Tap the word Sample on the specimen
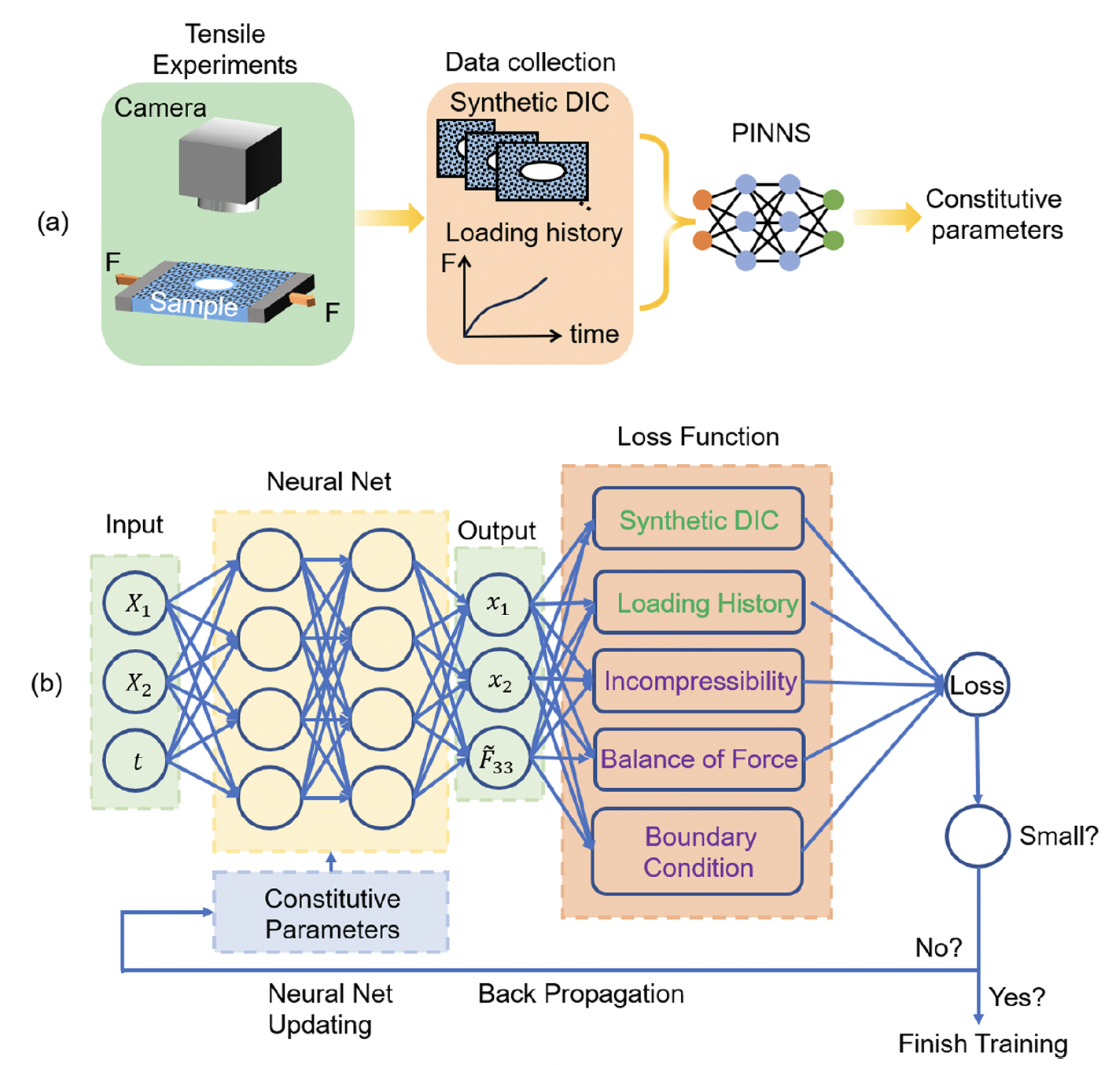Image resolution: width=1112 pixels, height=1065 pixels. click(193, 303)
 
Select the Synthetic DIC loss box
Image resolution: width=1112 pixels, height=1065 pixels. click(698, 520)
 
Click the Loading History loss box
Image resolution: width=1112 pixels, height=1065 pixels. click(699, 603)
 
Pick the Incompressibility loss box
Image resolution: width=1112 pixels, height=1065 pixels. click(699, 681)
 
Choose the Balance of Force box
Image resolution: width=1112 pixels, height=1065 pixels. click(699, 759)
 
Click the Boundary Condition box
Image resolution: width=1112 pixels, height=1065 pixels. click(698, 852)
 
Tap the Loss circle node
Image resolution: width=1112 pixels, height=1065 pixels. click(976, 685)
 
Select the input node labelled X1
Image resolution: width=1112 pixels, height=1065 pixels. click(136, 603)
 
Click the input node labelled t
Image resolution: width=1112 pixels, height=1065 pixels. click(136, 761)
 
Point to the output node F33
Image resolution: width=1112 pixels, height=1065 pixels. click(498, 759)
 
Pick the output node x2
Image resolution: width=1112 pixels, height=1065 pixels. click(499, 681)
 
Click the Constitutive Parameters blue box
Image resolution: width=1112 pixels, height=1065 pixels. click(331, 913)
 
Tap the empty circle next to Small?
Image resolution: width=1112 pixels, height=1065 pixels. click(977, 836)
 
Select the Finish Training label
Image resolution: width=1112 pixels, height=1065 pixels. click(982, 1044)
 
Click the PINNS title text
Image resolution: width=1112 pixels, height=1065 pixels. click(770, 133)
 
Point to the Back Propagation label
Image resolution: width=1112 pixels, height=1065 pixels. click(580, 994)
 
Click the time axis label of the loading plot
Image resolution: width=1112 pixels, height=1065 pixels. click(594, 334)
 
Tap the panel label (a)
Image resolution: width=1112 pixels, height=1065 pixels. click(53, 223)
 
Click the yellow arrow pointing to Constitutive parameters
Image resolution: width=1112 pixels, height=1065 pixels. click(886, 216)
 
